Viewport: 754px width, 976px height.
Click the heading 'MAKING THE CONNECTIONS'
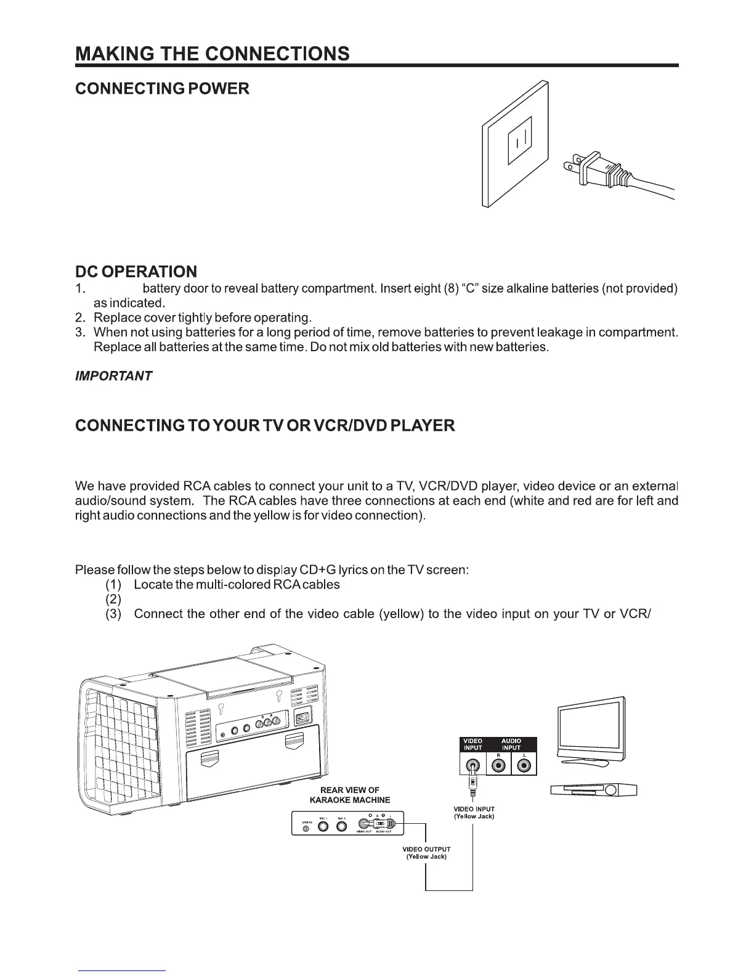click(213, 53)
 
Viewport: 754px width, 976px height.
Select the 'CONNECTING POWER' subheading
click(162, 89)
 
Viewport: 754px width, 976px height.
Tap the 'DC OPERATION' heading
click(136, 271)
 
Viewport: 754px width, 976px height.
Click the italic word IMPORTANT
click(113, 376)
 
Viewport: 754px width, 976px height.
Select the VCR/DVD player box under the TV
click(593, 791)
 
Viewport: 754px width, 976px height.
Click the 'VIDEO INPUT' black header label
click(473, 744)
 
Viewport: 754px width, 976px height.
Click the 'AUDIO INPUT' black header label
click(511, 744)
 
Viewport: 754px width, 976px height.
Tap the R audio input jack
click(499, 766)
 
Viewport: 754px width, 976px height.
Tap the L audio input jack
click(524, 766)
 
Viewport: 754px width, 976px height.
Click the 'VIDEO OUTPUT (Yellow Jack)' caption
click(426, 853)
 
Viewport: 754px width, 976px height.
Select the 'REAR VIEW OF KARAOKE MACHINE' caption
click(350, 795)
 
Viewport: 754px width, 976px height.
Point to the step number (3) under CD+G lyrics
click(114, 614)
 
